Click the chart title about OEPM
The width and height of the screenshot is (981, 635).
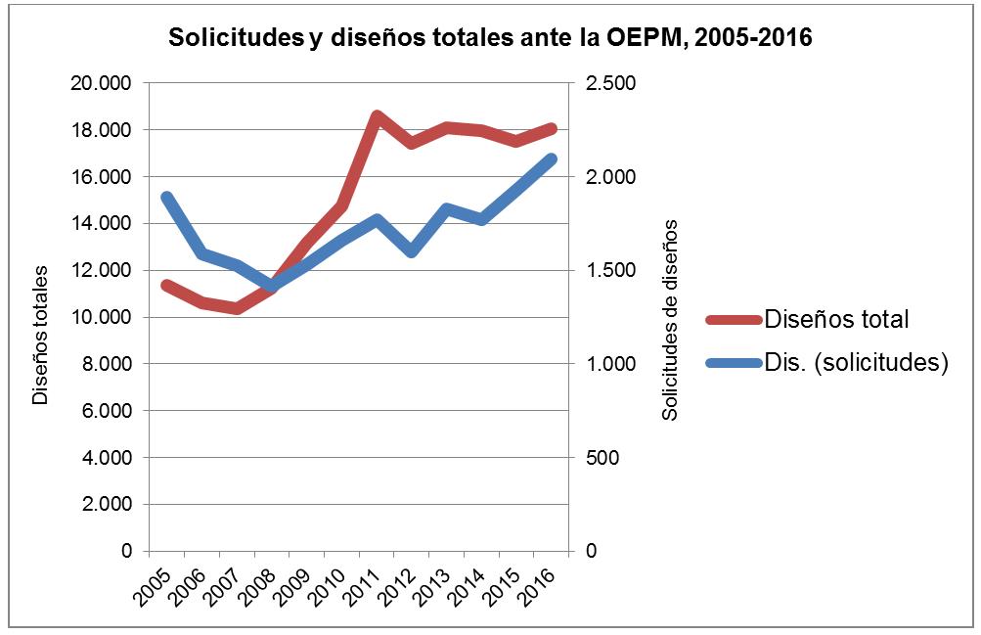490,38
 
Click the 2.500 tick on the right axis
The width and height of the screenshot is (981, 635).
608,83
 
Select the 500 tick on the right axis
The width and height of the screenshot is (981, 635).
602,458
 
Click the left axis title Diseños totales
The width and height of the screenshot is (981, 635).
40,338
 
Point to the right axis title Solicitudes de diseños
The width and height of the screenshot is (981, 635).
670,319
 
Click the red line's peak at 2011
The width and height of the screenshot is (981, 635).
377,115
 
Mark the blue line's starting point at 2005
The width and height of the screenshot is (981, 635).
166,198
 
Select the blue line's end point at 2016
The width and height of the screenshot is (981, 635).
552,159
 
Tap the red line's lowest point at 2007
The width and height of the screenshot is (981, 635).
237,309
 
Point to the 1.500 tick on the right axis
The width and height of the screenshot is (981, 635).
608,270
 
